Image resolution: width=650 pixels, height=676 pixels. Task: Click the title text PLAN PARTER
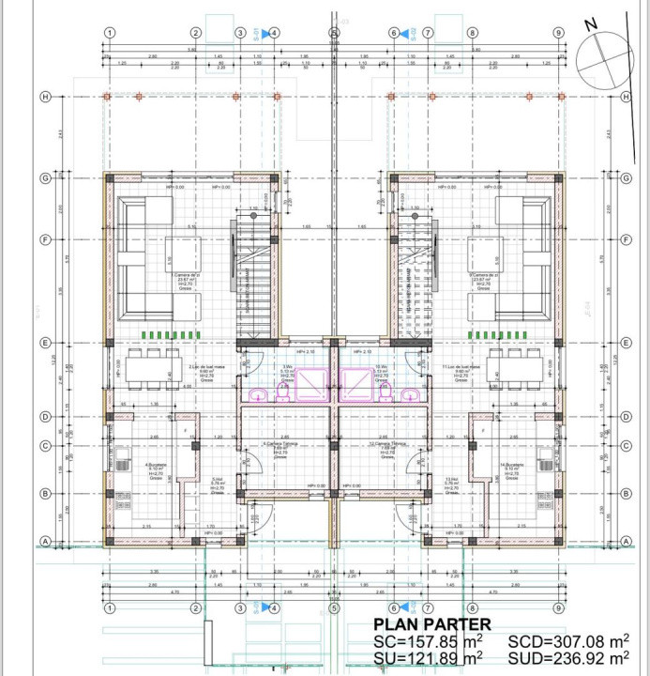coord(431,624)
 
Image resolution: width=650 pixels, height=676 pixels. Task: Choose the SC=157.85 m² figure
coord(429,641)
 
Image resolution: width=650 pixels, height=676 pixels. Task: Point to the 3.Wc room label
coord(287,370)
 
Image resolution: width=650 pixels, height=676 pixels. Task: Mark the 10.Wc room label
coord(380,370)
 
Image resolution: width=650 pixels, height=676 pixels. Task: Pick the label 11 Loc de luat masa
coord(462,371)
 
